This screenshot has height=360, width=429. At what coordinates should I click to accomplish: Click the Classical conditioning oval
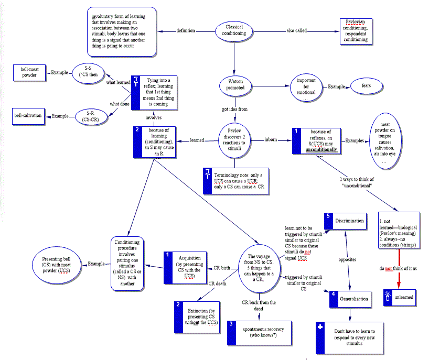click(234, 30)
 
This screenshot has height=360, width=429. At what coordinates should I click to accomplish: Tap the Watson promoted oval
click(234, 85)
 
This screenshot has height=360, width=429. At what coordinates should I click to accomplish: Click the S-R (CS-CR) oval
click(87, 116)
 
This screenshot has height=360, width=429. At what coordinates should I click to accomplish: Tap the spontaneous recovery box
click(259, 332)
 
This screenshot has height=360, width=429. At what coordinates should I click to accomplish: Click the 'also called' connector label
click(297, 30)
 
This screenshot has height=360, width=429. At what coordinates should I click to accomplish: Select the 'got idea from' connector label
click(234, 109)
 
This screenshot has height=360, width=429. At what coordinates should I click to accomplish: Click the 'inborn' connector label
click(271, 140)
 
